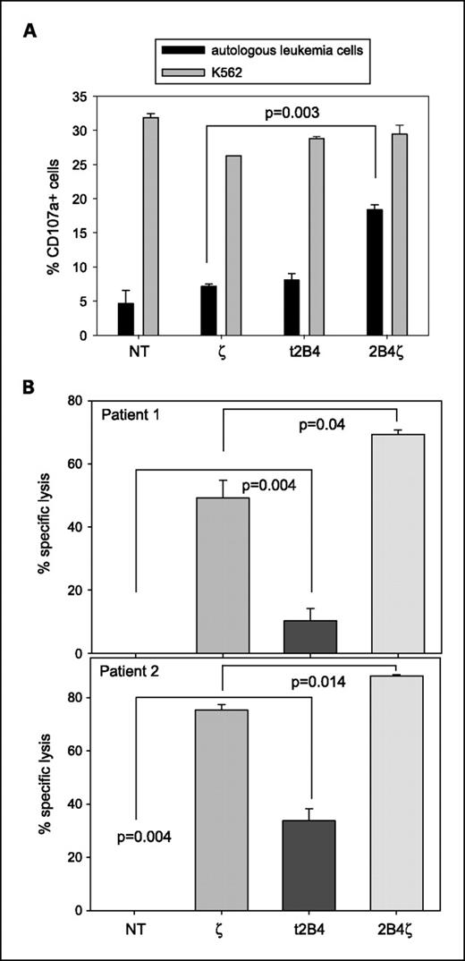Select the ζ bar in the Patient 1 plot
tap(222, 575)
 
